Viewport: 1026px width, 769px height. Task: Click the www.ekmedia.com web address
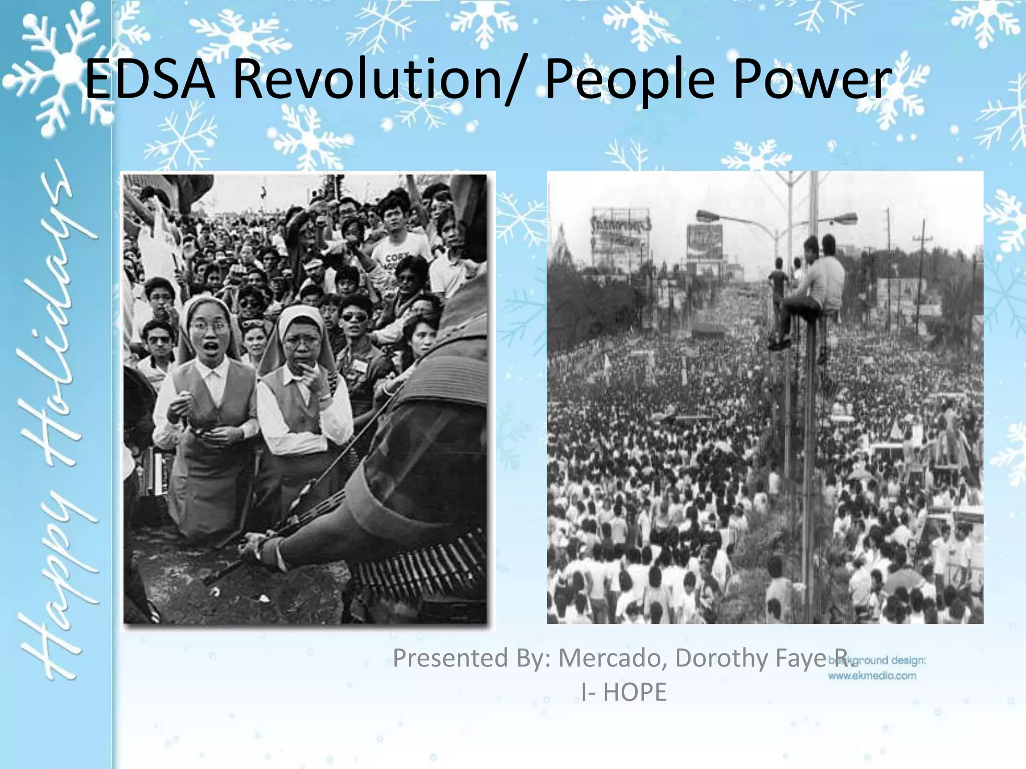872,676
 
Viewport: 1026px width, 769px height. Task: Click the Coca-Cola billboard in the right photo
705,241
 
